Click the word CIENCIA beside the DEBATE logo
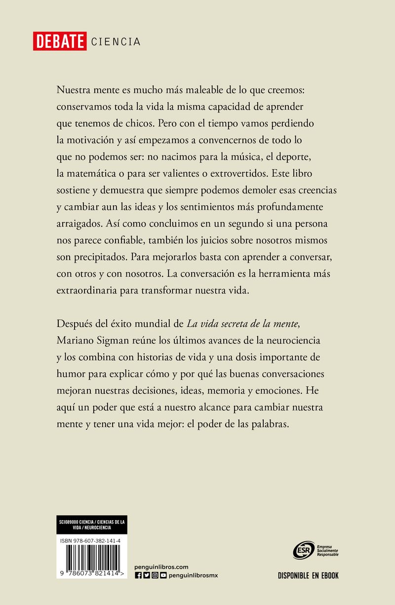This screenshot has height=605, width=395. click(116, 42)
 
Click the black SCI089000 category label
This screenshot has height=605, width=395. click(92, 524)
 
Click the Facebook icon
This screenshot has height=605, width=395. click(138, 575)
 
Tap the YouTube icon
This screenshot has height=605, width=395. click(163, 575)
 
